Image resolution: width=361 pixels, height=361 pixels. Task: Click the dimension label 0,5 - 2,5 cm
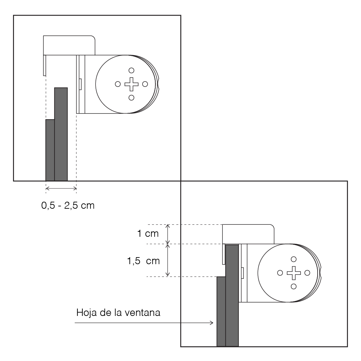pyautogui.click(x=68, y=205)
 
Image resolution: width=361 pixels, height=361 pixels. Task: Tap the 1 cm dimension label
pyautogui.click(x=148, y=234)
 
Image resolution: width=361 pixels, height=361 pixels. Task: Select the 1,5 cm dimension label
pyautogui.click(x=144, y=261)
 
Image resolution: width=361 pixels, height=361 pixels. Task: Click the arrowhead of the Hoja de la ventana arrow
pyautogui.click(x=212, y=323)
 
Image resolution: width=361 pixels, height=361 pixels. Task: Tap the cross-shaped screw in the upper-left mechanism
pyautogui.click(x=132, y=84)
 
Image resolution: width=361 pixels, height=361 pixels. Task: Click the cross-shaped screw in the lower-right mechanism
pyautogui.click(x=294, y=273)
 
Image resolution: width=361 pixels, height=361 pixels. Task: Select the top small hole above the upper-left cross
pyautogui.click(x=132, y=70)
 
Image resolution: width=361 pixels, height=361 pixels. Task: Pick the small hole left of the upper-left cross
pyautogui.click(x=118, y=84)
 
